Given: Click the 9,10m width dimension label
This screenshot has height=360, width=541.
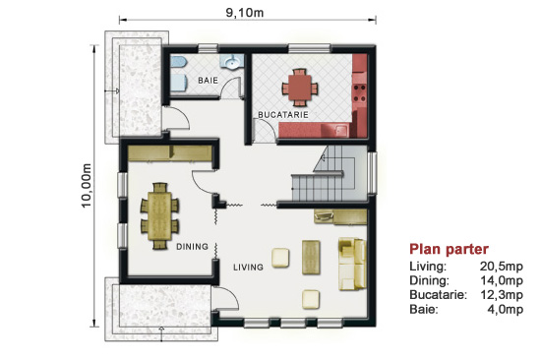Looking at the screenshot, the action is (245, 13).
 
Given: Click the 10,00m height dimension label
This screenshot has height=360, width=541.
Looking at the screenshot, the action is (87, 185).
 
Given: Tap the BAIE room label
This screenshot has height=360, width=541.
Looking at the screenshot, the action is (209, 80).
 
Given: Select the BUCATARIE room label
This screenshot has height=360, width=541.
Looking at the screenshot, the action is (283, 115).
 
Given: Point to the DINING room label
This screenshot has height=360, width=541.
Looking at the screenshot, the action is (192, 247).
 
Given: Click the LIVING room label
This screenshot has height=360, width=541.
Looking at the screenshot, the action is (248, 267).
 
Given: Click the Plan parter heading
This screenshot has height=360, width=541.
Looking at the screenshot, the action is (449, 249).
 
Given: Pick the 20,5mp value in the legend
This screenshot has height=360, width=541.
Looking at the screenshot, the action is (502, 267).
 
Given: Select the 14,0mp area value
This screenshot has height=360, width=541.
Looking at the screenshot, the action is (502, 280).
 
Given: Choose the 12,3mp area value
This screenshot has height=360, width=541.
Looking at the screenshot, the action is (502, 295).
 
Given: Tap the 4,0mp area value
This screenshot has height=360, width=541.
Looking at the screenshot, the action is (506, 309).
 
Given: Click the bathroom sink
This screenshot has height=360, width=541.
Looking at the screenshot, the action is (232, 62).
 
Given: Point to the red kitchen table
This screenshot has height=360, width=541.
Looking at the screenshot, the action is (299, 88).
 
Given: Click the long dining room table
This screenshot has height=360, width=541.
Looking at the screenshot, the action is (159, 216).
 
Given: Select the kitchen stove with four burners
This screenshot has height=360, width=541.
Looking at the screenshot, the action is (359, 93).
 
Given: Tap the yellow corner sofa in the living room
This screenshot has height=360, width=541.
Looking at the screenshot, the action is (352, 264).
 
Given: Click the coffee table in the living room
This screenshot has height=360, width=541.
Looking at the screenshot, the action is (311, 258).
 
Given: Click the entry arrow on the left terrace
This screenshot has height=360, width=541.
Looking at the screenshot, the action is (112, 91).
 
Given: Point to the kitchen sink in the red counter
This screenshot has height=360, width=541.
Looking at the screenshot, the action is (342, 131).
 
